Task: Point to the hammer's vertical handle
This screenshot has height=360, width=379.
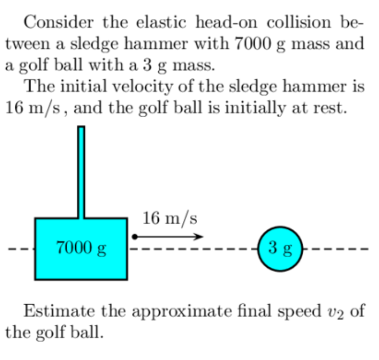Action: pos(81,172)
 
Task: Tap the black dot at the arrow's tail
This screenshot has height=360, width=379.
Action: pos(135,237)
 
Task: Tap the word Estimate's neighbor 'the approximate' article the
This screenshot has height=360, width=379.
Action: pos(117,311)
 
